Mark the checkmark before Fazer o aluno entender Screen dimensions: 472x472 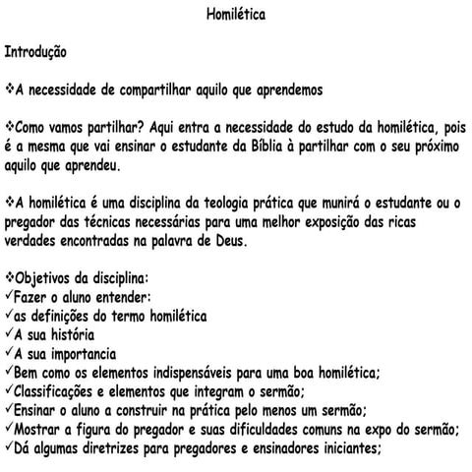click(x=9, y=297)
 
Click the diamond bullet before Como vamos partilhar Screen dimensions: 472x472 click(x=10, y=127)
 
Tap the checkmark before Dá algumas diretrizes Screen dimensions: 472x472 click(x=9, y=447)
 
